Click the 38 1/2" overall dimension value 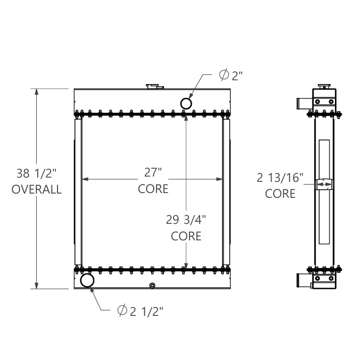[36, 173]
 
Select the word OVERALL [36, 189]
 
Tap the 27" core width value [153, 172]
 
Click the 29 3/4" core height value [186, 219]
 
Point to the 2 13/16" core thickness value [280, 178]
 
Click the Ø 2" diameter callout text [231, 76]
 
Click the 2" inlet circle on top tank [186, 103]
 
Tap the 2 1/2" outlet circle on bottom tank [87, 280]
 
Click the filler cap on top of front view [153, 86]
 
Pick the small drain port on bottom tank [152, 286]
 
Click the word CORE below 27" [153, 188]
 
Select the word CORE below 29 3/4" [186, 236]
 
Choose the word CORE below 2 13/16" [280, 194]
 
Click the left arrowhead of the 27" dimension [84, 180]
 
